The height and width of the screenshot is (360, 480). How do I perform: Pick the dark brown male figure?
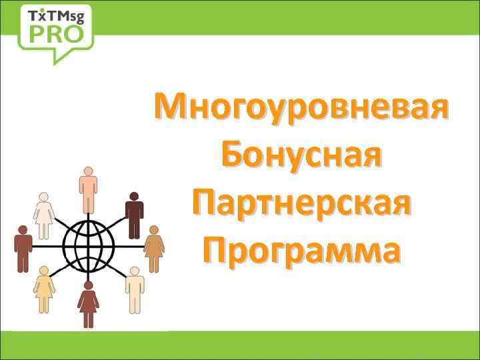135,213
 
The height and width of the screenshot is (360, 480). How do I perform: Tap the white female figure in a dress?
44,215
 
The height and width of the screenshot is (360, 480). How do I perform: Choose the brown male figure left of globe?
24,248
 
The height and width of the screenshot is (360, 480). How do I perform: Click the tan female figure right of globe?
154,248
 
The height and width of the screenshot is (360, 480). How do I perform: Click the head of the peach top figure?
88,171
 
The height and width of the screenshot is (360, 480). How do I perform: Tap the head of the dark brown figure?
135,197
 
